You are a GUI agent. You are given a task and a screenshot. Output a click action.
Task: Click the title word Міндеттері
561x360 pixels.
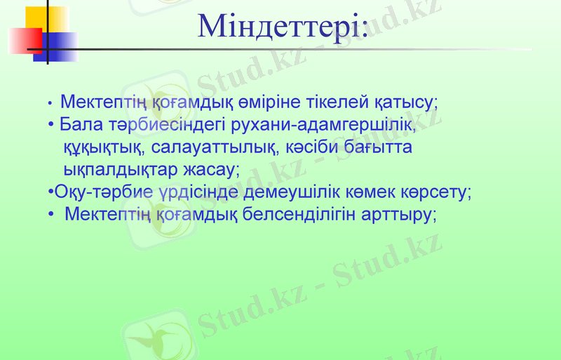[x=283, y=26]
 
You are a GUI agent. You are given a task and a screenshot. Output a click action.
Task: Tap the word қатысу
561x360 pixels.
[x=405, y=102]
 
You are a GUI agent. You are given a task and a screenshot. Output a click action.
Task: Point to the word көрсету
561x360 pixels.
[x=440, y=192]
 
